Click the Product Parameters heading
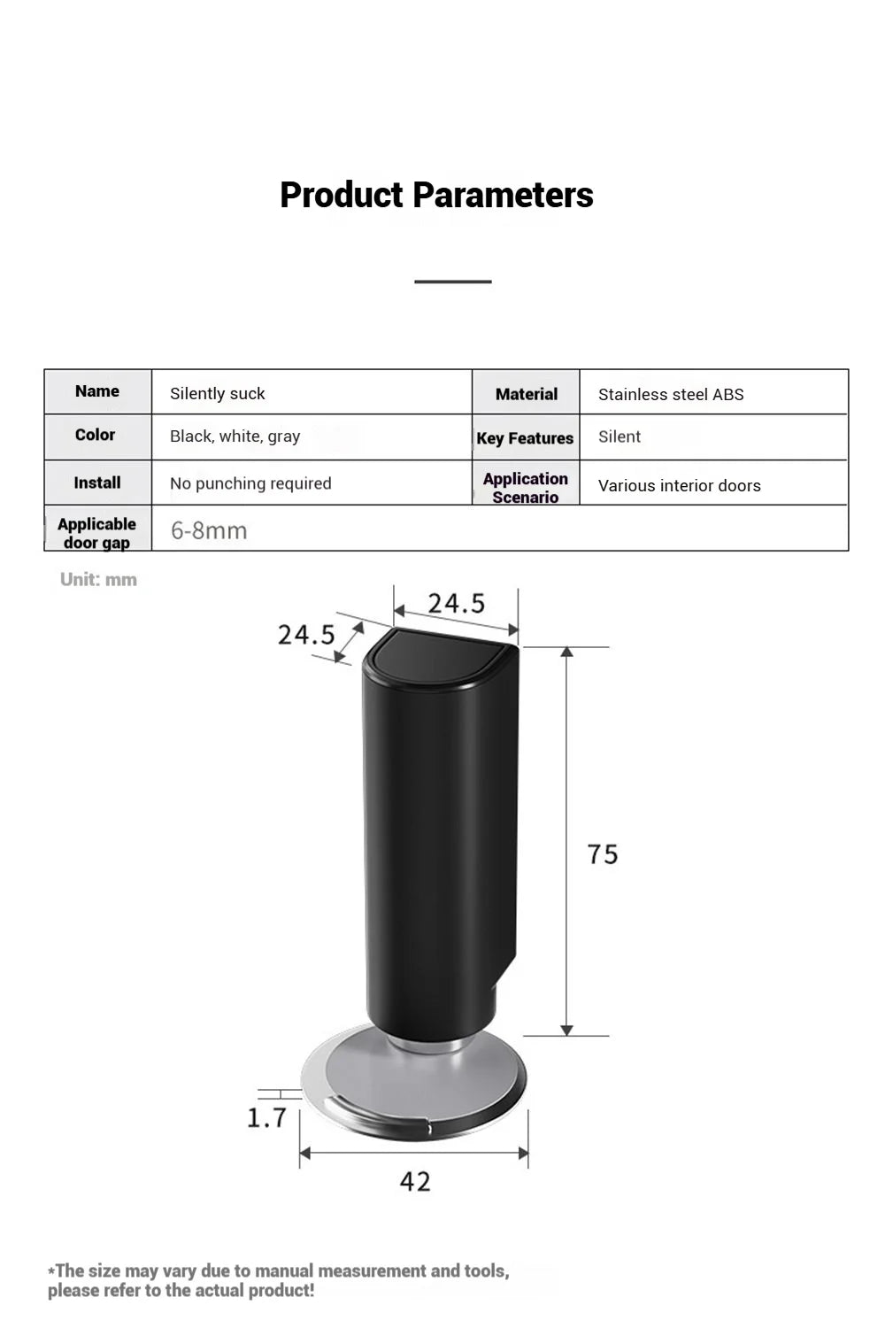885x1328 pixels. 436,196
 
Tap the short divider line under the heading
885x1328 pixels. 452,282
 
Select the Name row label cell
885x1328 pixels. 97,391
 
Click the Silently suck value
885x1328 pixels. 218,394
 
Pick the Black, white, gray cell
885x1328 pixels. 235,436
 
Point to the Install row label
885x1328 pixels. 97,483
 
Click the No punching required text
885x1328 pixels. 250,483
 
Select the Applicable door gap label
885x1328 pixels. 97,533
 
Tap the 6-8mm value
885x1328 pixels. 209,530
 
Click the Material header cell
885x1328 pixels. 527,395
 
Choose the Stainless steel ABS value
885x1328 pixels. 671,395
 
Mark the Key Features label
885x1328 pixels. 525,438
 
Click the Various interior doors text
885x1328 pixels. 680,486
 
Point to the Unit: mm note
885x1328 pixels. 98,580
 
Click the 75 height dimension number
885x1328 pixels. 603,854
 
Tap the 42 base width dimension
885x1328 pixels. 415,1182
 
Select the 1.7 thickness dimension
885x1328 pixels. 266,1118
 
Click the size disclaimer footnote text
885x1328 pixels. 279,1280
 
